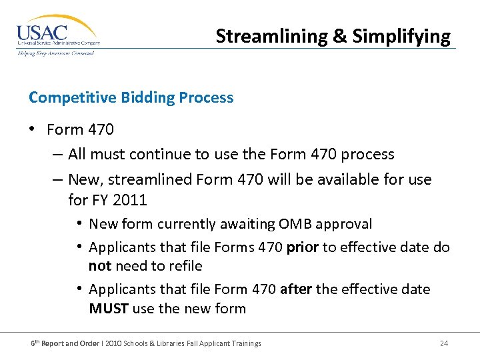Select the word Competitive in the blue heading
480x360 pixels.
73,98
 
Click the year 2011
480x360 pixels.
129,199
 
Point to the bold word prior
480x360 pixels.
303,248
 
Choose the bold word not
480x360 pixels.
101,266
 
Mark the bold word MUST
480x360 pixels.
109,309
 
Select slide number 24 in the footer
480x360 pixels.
444,343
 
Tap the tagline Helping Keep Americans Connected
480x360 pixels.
56,53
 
